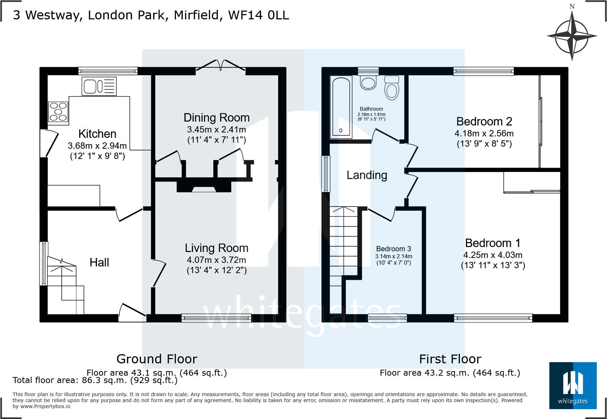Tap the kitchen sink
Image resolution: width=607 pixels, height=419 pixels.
pyautogui.click(x=99, y=86)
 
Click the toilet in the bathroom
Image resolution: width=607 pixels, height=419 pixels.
pyautogui.click(x=392, y=88)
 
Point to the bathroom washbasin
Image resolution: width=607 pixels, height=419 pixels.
pyautogui.click(x=368, y=83)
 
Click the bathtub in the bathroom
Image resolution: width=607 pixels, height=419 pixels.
pyautogui.click(x=341, y=107)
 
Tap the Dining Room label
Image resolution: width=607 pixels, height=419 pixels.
pyautogui.click(x=216, y=118)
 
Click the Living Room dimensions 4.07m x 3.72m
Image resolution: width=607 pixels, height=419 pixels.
pyautogui.click(x=216, y=260)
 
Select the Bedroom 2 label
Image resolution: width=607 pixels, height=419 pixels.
pyautogui.click(x=484, y=122)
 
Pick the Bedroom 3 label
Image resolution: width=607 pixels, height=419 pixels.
pyautogui.click(x=393, y=249)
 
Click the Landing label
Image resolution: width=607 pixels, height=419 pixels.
pyautogui.click(x=367, y=175)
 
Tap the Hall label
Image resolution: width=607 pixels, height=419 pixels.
pyautogui.click(x=99, y=263)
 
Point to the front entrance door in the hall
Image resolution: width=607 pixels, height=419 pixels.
pyautogui.click(x=133, y=313)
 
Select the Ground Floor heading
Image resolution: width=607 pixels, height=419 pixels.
pyautogui.click(x=157, y=359)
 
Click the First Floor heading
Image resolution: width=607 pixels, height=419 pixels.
pyautogui.click(x=450, y=359)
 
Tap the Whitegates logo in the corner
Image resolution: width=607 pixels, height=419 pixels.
pyautogui.click(x=573, y=386)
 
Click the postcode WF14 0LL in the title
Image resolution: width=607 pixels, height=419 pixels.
pyautogui.click(x=259, y=15)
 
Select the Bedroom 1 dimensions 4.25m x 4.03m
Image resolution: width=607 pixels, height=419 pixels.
pyautogui.click(x=493, y=255)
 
